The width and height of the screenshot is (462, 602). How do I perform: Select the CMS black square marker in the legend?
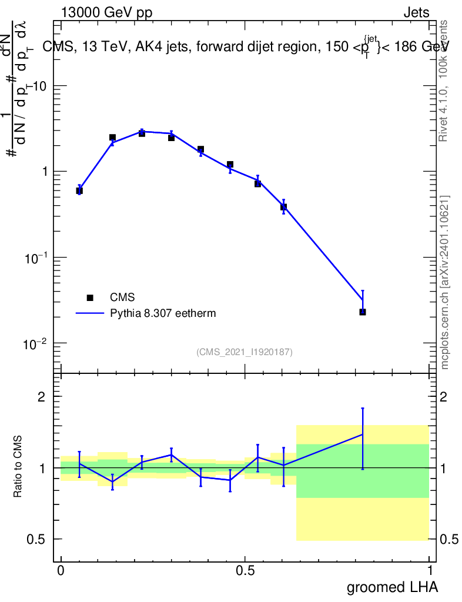coord(90,298)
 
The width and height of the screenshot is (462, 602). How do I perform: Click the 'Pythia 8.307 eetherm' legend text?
coord(163,313)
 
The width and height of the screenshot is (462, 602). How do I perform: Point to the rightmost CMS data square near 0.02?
coord(363,312)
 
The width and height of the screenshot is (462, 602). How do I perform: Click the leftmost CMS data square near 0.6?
coord(79,190)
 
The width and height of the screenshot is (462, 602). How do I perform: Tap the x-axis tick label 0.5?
coord(245,571)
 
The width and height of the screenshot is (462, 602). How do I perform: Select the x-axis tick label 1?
coord(429,571)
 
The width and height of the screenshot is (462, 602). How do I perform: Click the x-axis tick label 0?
coord(61,571)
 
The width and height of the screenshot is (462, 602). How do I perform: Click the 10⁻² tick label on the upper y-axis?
coord(36,343)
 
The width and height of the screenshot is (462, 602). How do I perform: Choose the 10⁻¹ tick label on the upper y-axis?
coord(36,257)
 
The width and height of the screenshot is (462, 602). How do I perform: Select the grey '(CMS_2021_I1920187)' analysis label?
coord(245,352)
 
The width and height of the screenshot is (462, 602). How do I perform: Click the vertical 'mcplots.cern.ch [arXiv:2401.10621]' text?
coord(445,282)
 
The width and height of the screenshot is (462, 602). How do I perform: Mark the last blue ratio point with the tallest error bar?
coord(363,434)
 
